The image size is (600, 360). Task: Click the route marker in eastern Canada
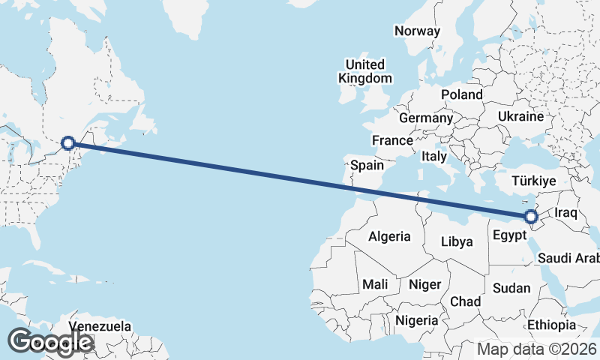68,142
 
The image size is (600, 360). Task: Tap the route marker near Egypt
531,217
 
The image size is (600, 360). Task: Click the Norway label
416,31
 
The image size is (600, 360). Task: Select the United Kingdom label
364,71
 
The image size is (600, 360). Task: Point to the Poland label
462,95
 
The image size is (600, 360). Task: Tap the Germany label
425,118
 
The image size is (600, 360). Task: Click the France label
392,140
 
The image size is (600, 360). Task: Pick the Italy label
434,157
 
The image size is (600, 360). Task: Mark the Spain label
367,165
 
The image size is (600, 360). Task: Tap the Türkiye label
533,181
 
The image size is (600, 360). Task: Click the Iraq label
565,213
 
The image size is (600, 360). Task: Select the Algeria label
389,236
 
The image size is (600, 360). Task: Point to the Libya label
457,241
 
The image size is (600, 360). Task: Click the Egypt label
509,235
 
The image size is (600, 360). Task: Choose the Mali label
374,285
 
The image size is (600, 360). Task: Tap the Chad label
465,301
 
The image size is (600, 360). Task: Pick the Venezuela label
100,327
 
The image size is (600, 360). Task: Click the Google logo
50,342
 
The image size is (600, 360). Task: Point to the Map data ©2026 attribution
537,349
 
